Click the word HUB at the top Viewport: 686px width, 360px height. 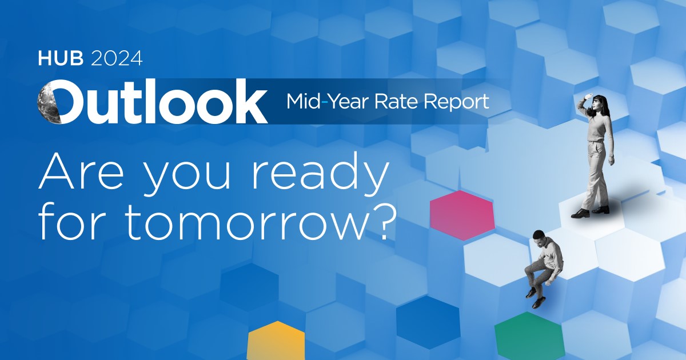coord(55,58)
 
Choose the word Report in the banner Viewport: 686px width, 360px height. coord(458,102)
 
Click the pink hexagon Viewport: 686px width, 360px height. coord(461,215)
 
